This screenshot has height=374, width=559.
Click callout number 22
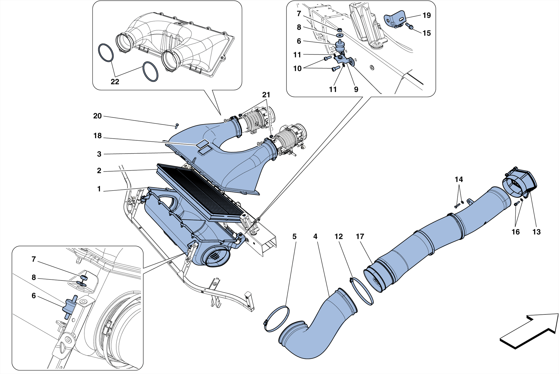click(x=115, y=82)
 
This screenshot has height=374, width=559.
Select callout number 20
click(x=97, y=116)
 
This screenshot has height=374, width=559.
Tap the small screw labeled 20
click(x=177, y=126)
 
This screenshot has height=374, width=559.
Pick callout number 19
click(x=427, y=15)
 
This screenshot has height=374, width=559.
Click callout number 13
click(x=536, y=232)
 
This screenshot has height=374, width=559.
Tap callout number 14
click(x=459, y=179)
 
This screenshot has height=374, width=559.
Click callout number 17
click(x=360, y=236)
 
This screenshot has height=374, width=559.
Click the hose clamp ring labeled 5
click(x=276, y=319)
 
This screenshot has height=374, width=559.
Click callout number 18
click(x=97, y=136)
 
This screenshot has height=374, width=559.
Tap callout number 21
click(x=266, y=95)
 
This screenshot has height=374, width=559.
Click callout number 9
click(x=356, y=89)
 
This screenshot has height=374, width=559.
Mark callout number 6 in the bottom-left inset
click(x=34, y=296)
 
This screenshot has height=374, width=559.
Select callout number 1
click(x=99, y=189)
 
